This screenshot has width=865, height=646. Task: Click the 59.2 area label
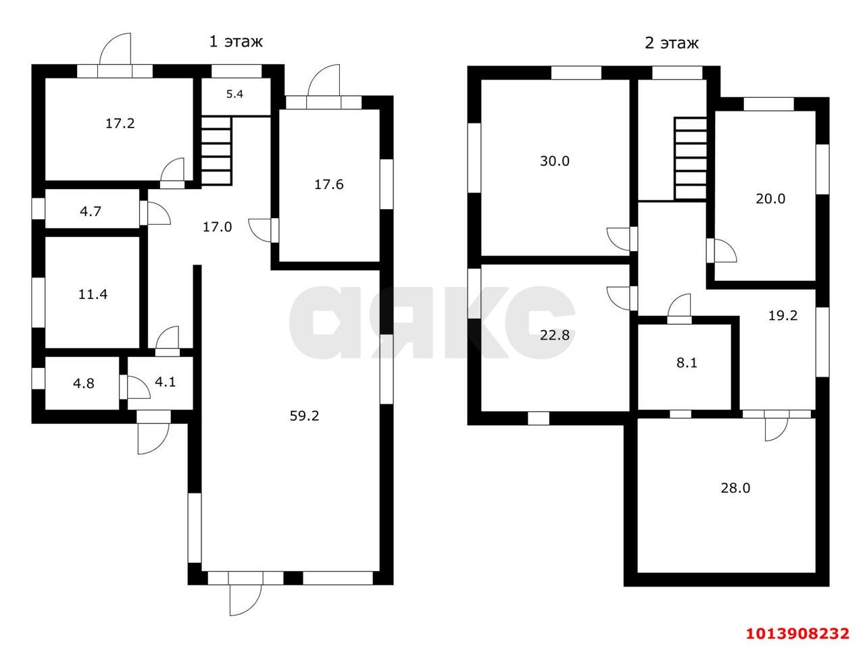[304, 416]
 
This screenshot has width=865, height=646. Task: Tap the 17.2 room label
[120, 124]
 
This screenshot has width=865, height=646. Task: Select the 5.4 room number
[234, 94]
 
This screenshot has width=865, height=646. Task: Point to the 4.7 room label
[91, 211]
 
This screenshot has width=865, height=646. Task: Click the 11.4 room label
[93, 294]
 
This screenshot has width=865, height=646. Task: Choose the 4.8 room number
[84, 383]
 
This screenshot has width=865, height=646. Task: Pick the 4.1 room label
[165, 381]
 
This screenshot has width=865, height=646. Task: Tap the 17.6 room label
[328, 184]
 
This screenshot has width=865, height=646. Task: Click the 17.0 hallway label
[217, 227]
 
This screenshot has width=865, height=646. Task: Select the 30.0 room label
[554, 161]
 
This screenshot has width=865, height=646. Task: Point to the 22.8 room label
[554, 335]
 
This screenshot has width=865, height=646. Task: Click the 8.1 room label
[687, 362]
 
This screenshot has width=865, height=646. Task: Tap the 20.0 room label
[770, 199]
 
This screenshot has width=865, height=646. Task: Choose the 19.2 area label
[783, 315]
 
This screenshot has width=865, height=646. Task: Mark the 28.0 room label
[735, 488]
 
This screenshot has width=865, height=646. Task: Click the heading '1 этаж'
[236, 41]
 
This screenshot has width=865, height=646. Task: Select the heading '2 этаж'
[672, 43]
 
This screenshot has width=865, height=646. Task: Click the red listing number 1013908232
[798, 633]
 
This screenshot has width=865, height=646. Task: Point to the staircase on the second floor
[690, 158]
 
